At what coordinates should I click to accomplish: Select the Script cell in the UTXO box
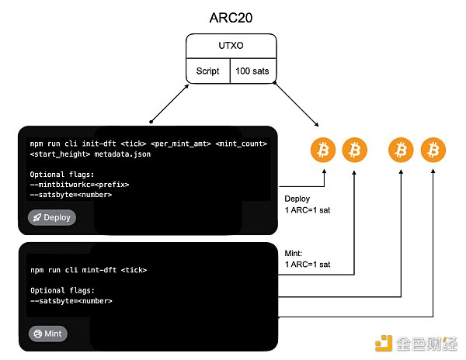[x=208, y=71]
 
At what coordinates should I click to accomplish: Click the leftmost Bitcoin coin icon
[x=323, y=151]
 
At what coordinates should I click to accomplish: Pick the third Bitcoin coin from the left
[x=401, y=151]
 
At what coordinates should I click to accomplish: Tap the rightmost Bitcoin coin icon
[x=433, y=151]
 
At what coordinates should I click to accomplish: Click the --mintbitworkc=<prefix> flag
[x=80, y=185]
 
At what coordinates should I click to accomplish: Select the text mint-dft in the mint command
[x=104, y=270]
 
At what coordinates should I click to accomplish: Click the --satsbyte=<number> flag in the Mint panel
[x=71, y=300]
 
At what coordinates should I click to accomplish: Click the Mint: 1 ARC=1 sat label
[x=306, y=258]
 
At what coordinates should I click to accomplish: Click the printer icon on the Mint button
[x=37, y=334]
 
